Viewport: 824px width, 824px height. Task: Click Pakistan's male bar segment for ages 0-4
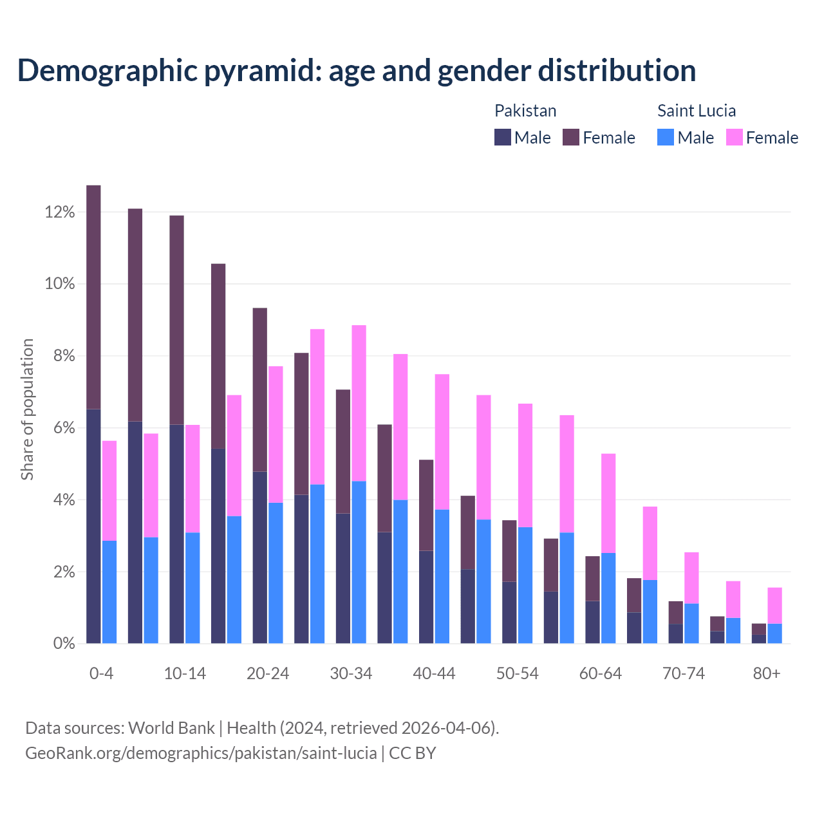tap(93, 526)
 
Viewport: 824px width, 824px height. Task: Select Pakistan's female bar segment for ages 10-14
tap(176, 320)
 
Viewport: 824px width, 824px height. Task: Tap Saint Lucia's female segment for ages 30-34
tap(359, 403)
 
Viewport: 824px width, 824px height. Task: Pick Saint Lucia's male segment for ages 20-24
tap(276, 573)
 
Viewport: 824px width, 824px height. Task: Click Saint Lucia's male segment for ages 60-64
tap(608, 598)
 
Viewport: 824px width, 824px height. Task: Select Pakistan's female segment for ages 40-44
tap(426, 505)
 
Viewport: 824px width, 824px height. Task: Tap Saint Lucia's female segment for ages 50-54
tap(525, 465)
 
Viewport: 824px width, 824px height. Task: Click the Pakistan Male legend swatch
tap(503, 137)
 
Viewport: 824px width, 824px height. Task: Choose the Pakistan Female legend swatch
tap(571, 137)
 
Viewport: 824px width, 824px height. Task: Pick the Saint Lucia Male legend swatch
tap(666, 137)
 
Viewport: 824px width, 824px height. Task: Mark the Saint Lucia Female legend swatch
tap(735, 137)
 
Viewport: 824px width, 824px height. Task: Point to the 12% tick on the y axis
tap(60, 212)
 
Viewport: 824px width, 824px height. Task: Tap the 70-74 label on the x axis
tap(684, 674)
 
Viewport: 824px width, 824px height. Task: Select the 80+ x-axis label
tap(767, 674)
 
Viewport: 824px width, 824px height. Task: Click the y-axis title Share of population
tap(28, 409)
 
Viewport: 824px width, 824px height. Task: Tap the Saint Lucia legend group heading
tap(697, 111)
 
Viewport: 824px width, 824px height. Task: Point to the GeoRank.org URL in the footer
tap(201, 753)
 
